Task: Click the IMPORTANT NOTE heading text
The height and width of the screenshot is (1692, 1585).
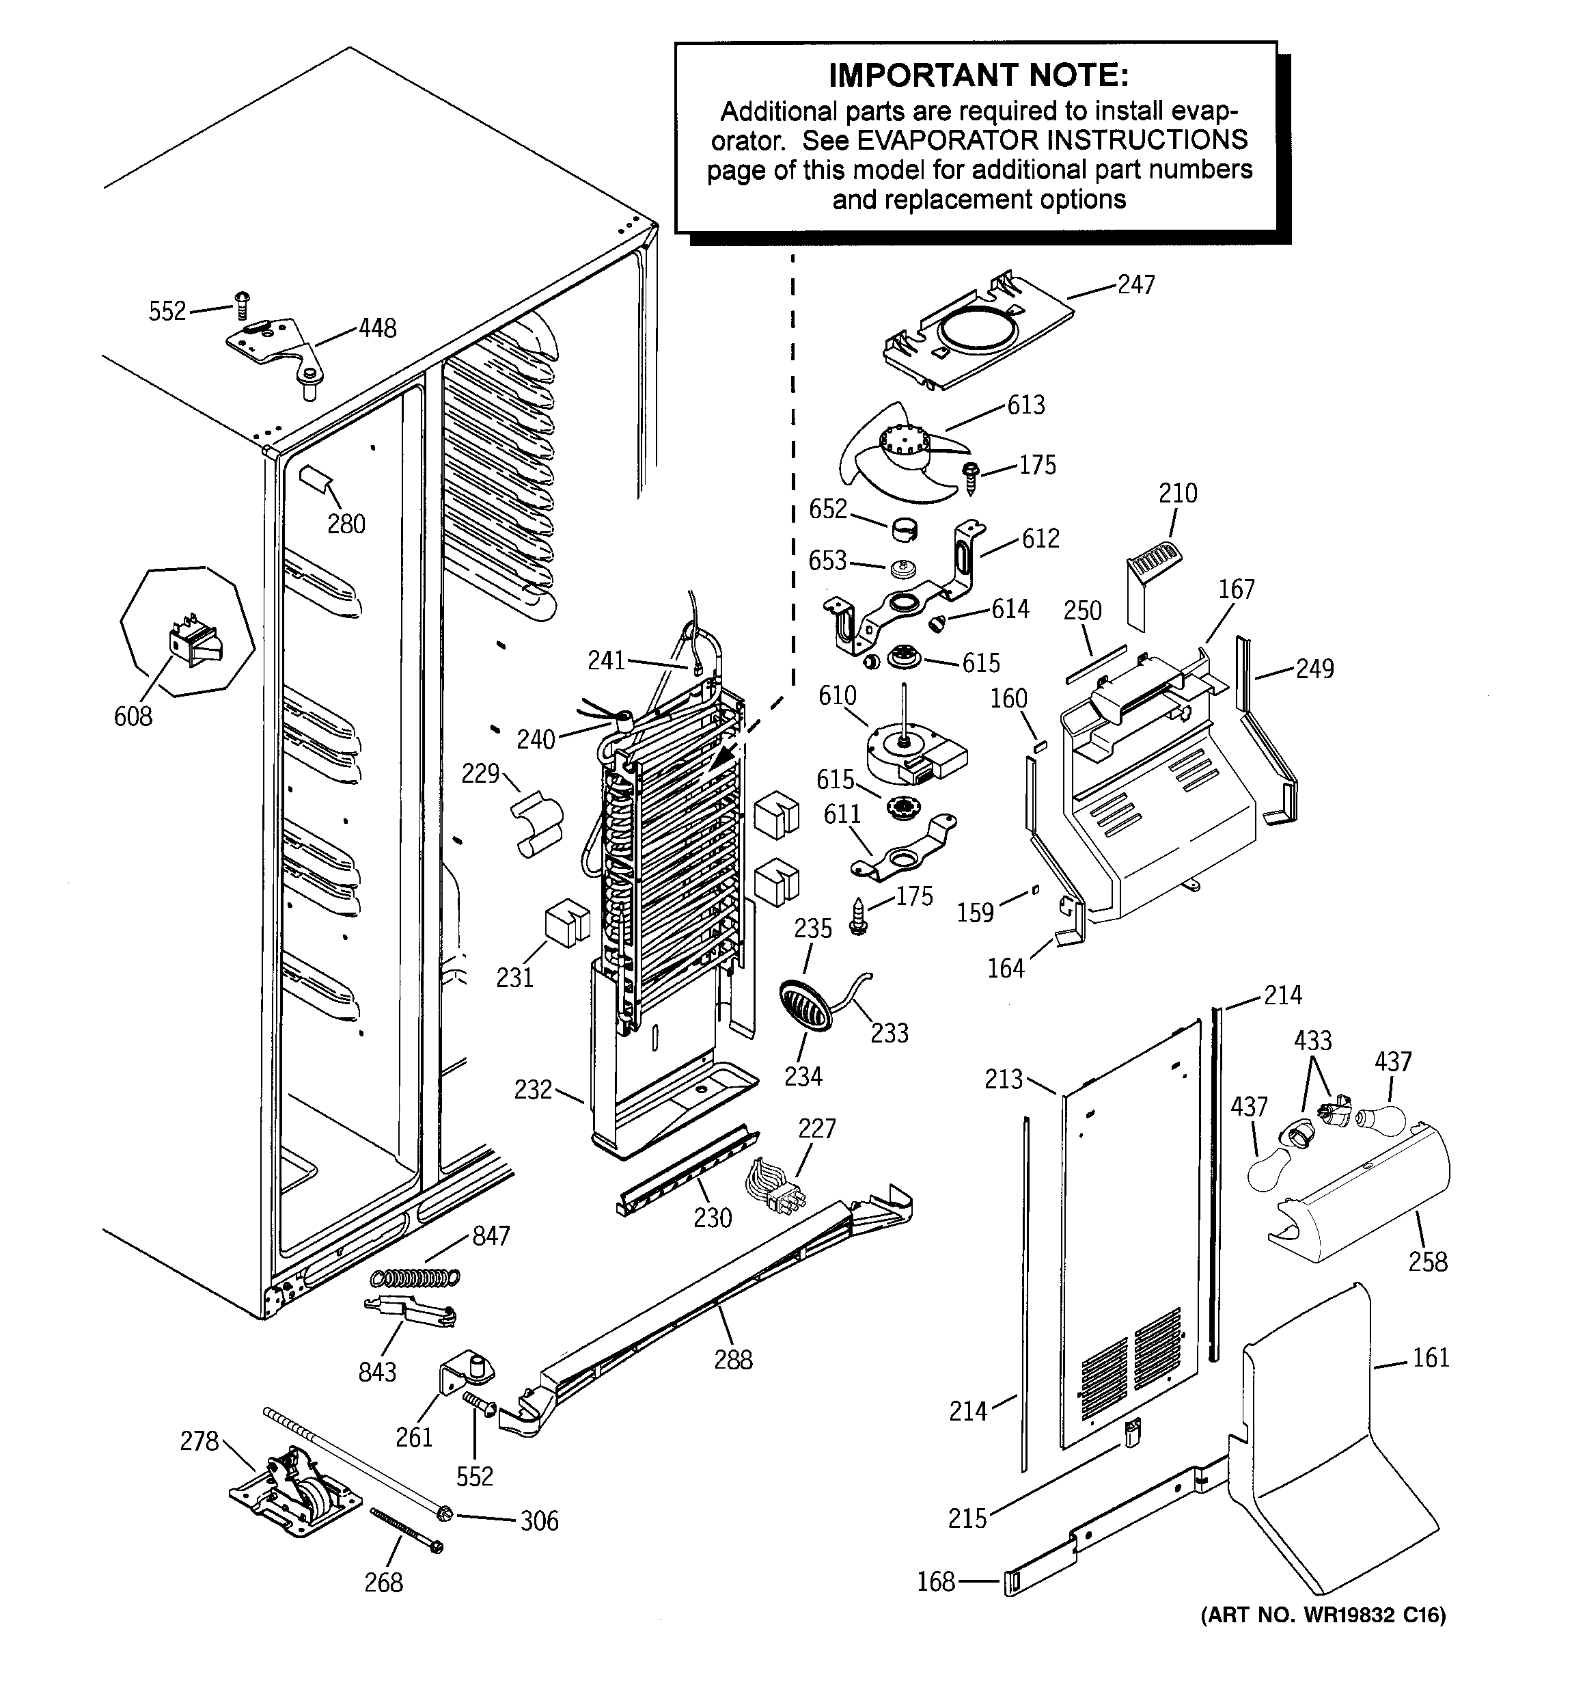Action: pyautogui.click(x=978, y=75)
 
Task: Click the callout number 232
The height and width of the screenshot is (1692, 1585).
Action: pyautogui.click(x=533, y=1090)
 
